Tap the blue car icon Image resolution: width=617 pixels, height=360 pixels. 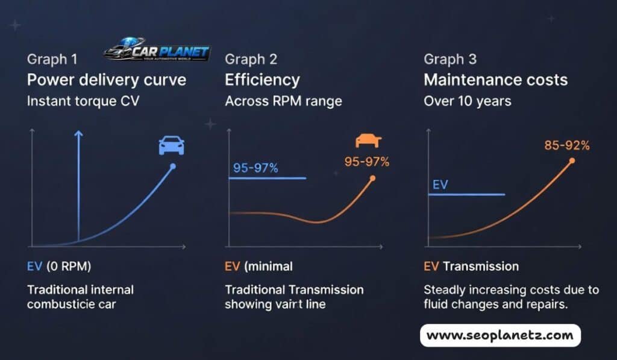pyautogui.click(x=171, y=145)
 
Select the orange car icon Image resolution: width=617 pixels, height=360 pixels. pyautogui.click(x=368, y=141)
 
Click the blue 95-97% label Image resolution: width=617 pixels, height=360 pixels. pyautogui.click(x=255, y=168)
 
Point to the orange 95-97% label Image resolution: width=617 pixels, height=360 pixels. pyautogui.click(x=367, y=162)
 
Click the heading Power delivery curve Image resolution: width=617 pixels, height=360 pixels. pyautogui.click(x=107, y=80)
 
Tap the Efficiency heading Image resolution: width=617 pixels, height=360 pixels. pyautogui.click(x=262, y=80)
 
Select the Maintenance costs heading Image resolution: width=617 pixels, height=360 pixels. pyautogui.click(x=495, y=80)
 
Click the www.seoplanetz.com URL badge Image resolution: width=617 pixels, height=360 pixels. pyautogui.click(x=500, y=335)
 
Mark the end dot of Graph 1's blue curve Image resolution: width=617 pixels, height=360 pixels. pyautogui.click(x=173, y=166)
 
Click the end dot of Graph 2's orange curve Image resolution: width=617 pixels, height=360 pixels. pyautogui.click(x=372, y=178)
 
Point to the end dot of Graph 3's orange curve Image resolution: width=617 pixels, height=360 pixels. pyautogui.click(x=572, y=160)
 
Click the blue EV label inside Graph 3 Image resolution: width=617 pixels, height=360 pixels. pyautogui.click(x=440, y=185)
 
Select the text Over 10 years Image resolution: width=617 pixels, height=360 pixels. pyautogui.click(x=468, y=101)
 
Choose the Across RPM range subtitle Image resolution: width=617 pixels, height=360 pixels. pyautogui.click(x=283, y=101)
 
